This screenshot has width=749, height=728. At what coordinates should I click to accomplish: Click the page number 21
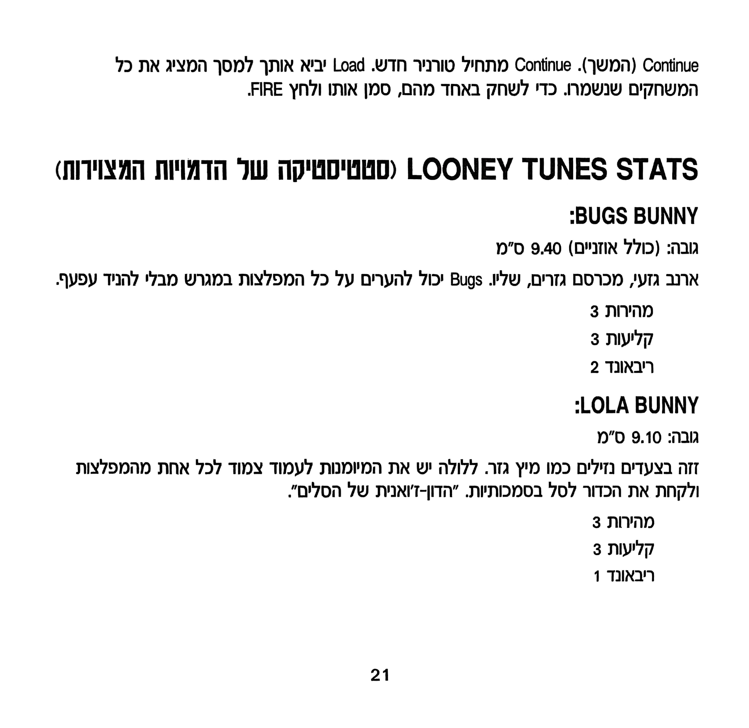[x=380, y=675]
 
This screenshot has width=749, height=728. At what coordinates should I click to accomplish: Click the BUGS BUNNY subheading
[x=635, y=216]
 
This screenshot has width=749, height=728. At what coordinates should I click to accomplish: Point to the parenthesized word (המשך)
[x=607, y=66]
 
